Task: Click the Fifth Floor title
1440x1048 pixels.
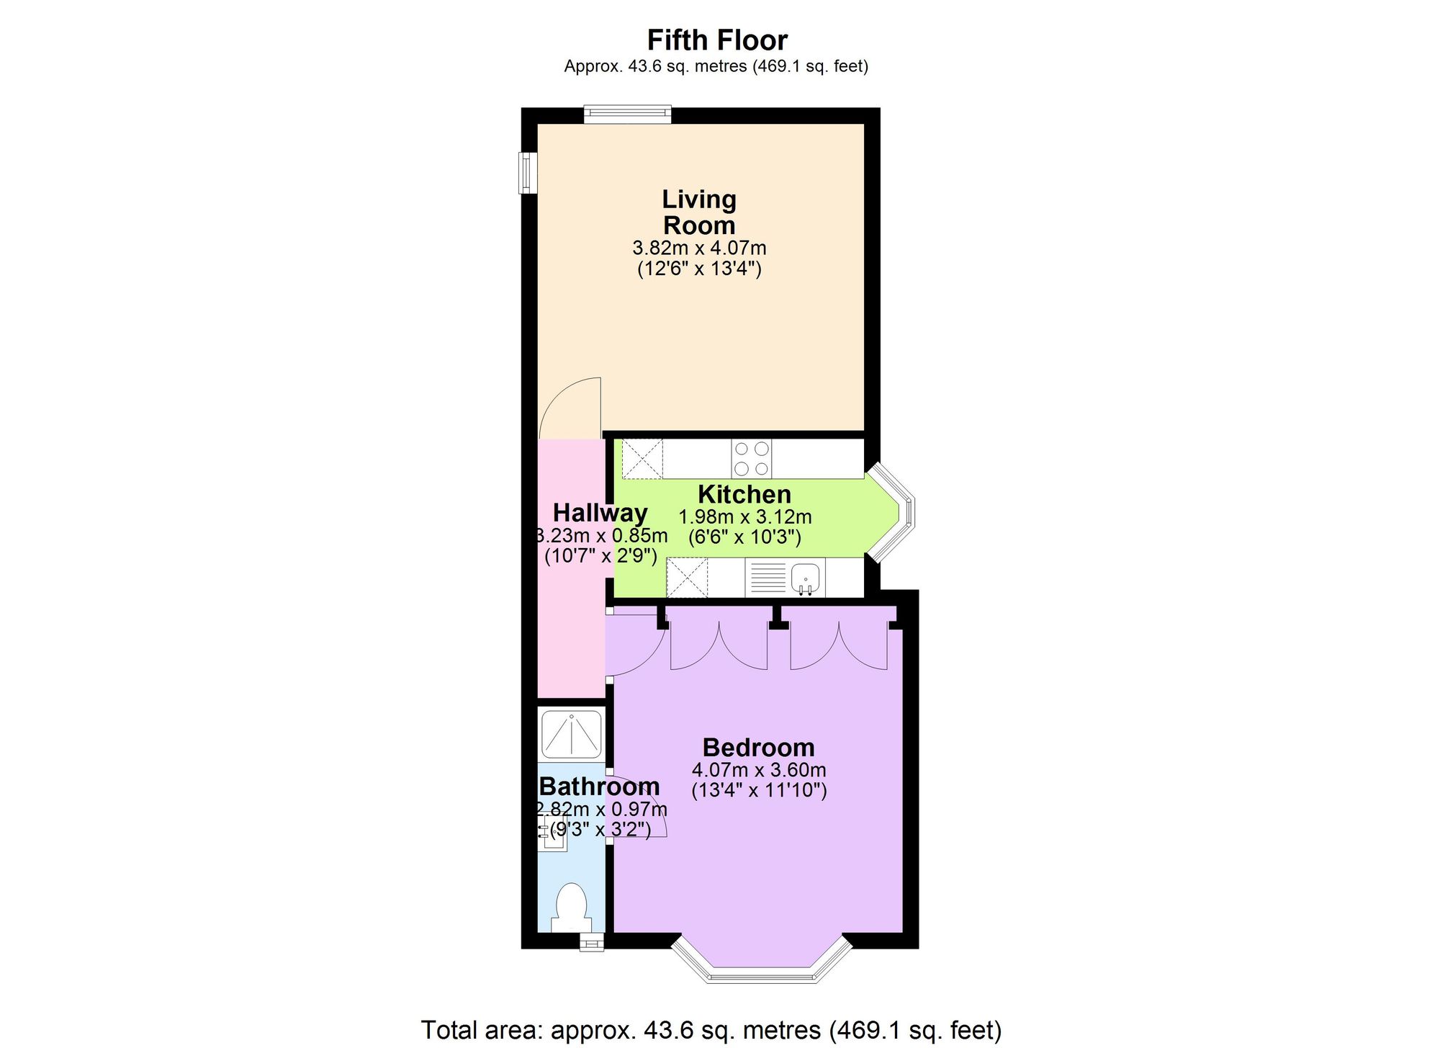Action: [x=717, y=40]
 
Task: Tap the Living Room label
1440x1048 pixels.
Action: [x=699, y=212]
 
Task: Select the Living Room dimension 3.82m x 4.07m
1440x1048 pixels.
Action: [x=699, y=248]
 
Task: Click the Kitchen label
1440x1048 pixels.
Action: [x=744, y=495]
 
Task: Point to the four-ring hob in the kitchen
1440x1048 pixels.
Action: [x=752, y=459]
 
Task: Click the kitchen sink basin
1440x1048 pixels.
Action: [x=806, y=577]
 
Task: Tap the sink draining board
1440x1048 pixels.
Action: [x=768, y=577]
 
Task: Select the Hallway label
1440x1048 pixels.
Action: [x=600, y=513]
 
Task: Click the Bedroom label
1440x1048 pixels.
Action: [x=758, y=747]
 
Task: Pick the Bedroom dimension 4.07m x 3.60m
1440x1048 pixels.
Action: [x=758, y=770]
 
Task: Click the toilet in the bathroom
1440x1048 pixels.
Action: [x=572, y=908]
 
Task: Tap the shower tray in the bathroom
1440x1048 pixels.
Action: [x=571, y=735]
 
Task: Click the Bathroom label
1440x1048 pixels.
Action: [x=599, y=786]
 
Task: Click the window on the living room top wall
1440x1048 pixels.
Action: [x=627, y=115]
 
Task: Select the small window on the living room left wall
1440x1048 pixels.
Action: [x=529, y=173]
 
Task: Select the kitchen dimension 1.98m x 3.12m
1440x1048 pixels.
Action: [x=744, y=517]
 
